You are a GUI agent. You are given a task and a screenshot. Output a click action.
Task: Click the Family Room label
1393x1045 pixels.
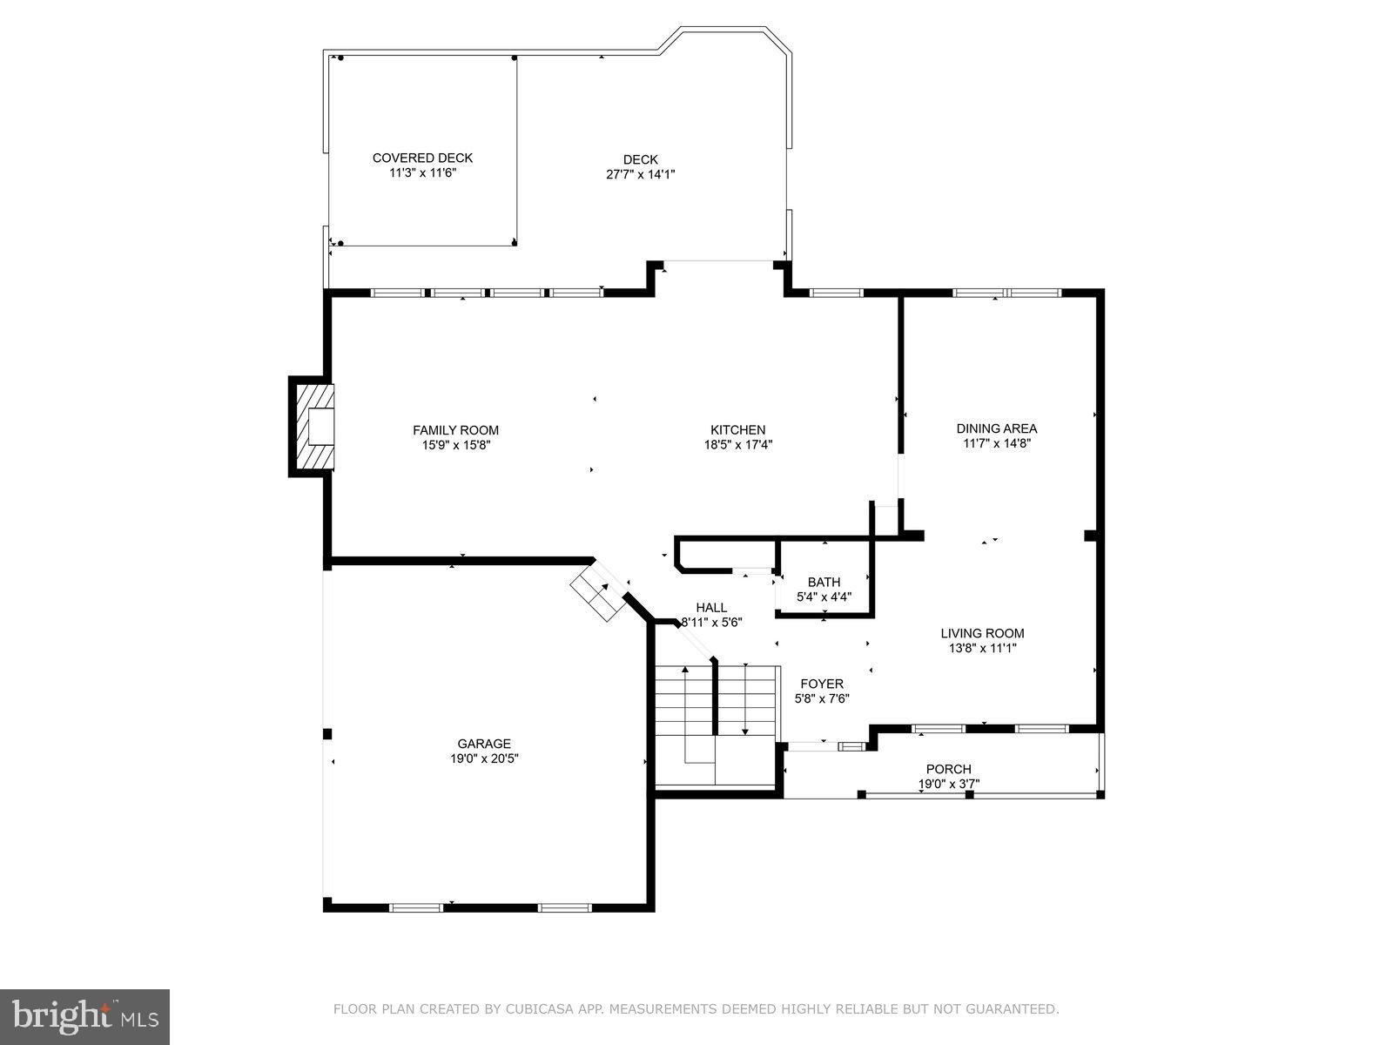[455, 429]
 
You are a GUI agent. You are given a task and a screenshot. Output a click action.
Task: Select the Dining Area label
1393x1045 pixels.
[996, 428]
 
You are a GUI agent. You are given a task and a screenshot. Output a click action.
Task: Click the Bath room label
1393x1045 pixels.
[824, 582]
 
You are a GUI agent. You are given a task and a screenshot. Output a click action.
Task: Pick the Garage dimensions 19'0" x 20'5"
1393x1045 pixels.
[484, 758]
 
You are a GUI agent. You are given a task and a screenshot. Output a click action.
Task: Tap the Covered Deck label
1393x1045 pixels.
[422, 158]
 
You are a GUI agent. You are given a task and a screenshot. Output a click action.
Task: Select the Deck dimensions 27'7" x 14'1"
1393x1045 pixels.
[641, 174]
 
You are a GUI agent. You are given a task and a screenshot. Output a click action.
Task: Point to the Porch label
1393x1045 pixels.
[949, 769]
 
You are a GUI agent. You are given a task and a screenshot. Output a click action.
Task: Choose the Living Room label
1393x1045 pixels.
[982, 633]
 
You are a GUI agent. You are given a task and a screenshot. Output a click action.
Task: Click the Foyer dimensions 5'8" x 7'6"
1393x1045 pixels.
[822, 698]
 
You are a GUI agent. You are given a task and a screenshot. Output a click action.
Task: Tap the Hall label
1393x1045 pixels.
[711, 607]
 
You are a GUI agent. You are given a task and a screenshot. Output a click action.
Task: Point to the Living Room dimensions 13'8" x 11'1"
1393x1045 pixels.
[982, 648]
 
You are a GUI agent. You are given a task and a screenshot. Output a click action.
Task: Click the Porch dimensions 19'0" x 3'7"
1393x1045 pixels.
[949, 784]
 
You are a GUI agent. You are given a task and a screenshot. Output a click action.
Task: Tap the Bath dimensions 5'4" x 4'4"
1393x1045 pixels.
[824, 597]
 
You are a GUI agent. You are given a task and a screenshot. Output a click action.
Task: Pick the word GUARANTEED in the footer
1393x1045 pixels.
[1013, 1009]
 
